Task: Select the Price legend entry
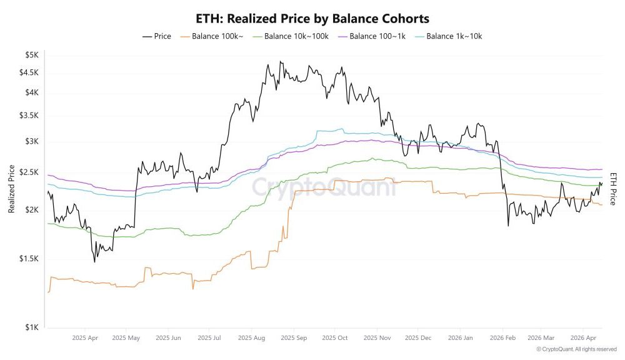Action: (157, 36)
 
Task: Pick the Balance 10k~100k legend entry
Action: (292, 36)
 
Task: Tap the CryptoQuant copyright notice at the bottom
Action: (567, 349)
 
